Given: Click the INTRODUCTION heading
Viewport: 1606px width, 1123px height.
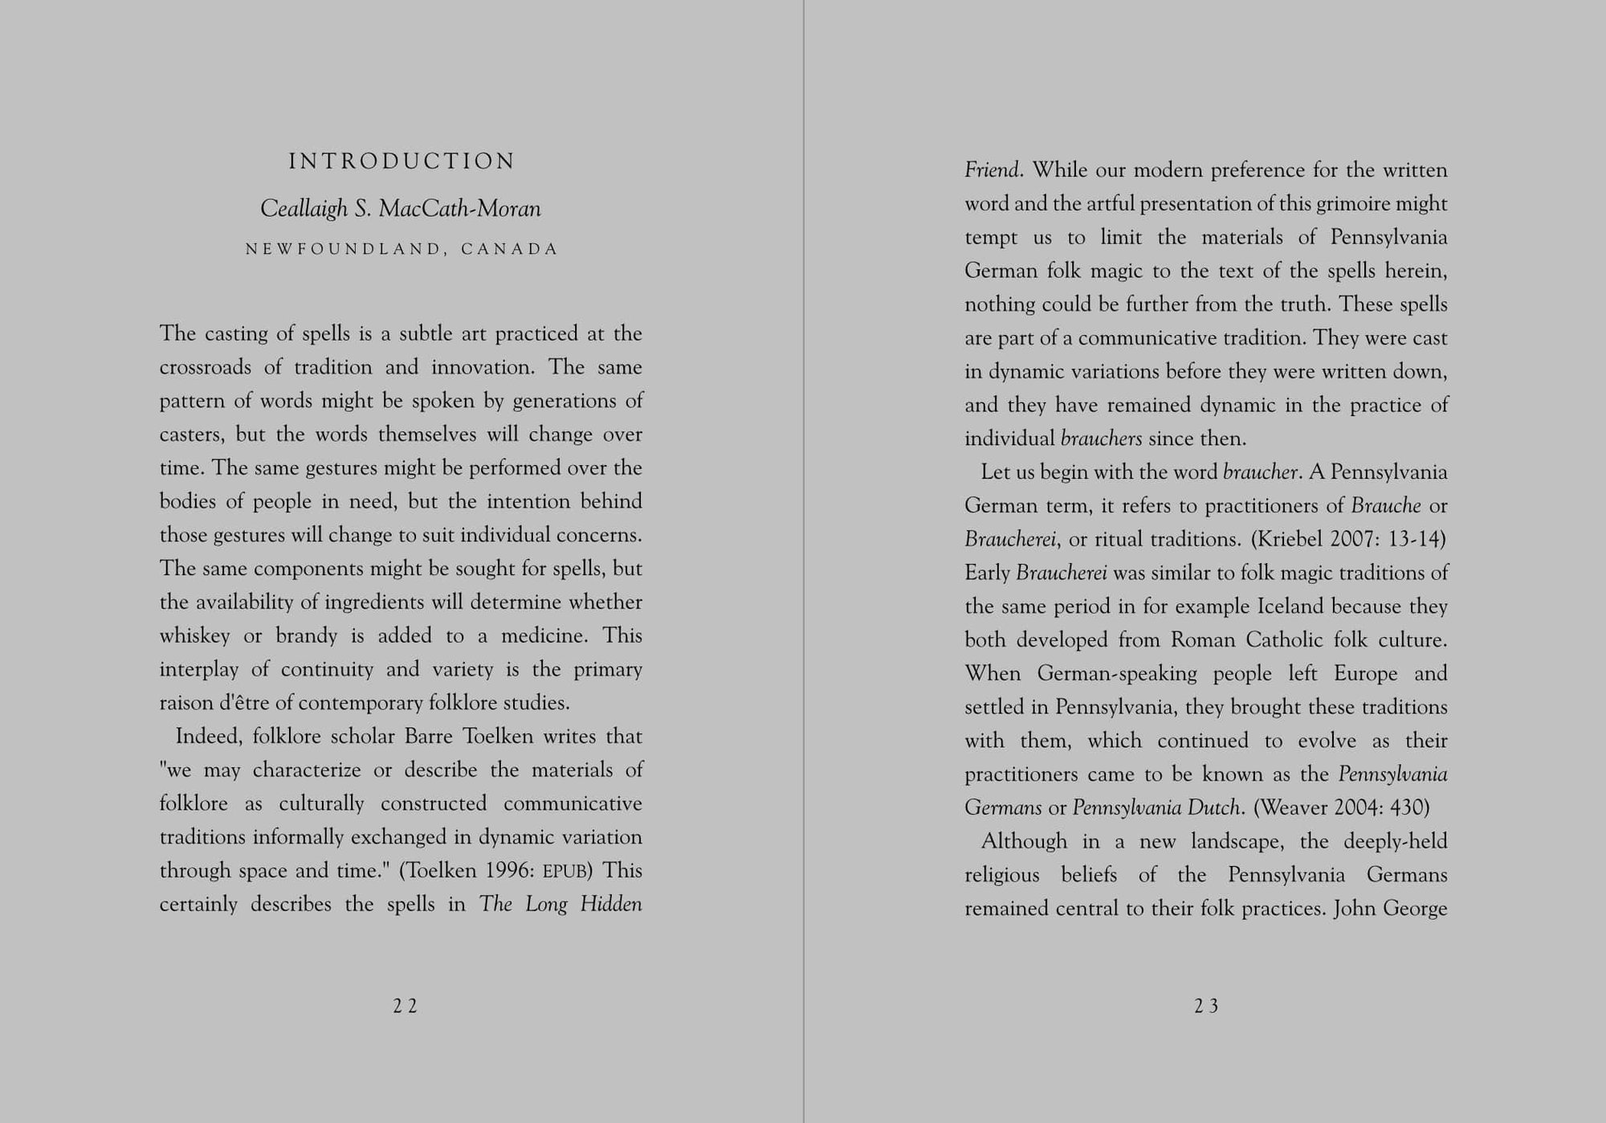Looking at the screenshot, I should click(x=401, y=161).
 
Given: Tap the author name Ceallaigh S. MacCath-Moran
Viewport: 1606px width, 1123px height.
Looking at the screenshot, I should click(x=401, y=209).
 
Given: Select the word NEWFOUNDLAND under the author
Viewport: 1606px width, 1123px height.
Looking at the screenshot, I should click(x=345, y=249).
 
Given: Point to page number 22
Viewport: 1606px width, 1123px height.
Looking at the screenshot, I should click(x=405, y=1007).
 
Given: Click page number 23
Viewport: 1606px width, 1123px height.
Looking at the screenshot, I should click(x=1206, y=1007).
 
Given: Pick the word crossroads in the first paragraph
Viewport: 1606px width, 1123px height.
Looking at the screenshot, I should click(x=204, y=367).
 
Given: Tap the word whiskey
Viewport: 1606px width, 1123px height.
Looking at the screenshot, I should click(x=194, y=636).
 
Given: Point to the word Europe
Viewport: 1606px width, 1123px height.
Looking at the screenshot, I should click(x=1366, y=673).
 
